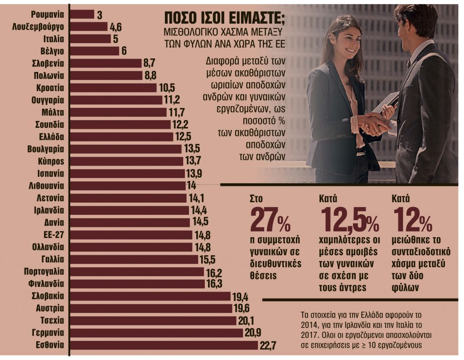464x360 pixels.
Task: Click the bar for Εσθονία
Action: (x=164, y=345)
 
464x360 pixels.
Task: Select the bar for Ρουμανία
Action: (x=82, y=15)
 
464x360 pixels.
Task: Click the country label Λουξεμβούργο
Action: (x=38, y=27)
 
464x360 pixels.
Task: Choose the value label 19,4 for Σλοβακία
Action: (x=241, y=297)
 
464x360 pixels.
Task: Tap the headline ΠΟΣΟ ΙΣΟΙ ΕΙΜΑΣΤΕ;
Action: (x=224, y=19)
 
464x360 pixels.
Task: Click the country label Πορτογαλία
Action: (x=44, y=272)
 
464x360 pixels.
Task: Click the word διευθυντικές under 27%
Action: (x=275, y=263)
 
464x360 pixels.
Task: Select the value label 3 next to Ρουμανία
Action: (x=99, y=15)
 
